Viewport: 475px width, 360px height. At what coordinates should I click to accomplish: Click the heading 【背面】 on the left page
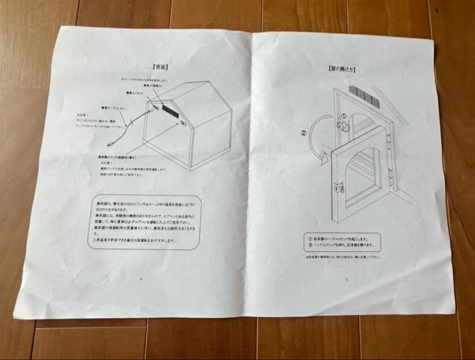[x=161, y=67]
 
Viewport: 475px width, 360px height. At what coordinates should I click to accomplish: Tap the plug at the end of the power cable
[x=111, y=143]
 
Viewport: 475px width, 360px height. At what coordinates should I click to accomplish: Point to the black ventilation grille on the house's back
[x=170, y=110]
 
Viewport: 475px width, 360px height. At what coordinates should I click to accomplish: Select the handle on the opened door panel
[x=340, y=188]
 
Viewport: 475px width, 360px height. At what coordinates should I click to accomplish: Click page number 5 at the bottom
[x=347, y=278]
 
